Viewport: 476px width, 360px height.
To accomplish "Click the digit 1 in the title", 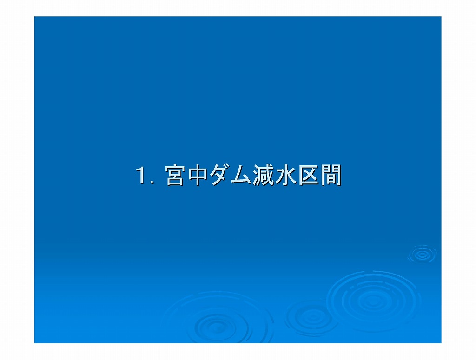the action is pos(140,175).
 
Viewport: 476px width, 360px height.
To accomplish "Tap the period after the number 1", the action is pos(152,182).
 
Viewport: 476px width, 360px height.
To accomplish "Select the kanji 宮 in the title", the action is pos(175,175).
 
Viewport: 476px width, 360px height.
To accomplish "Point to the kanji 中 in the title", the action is pos(198,175).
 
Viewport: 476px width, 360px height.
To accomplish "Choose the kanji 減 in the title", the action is pos(264,175).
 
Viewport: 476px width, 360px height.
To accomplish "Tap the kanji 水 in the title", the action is pos(286,175).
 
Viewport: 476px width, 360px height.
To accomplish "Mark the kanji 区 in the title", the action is pos(308,175).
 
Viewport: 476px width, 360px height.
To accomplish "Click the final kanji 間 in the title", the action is pos(331,175).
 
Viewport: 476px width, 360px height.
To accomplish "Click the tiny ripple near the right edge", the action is pos(422,254).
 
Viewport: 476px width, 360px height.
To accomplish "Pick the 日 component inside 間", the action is pos(331,179).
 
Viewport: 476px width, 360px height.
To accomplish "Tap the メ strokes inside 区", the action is pos(309,175).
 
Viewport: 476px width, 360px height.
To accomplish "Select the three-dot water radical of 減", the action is pos(257,175).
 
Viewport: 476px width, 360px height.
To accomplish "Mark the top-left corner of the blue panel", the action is pos(34,16).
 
